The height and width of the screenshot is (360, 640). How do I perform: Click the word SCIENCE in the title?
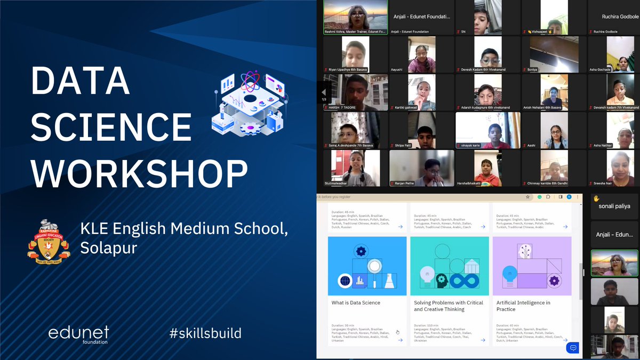pyautogui.click(x=111, y=127)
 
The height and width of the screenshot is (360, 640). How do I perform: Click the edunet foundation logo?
pyautogui.click(x=78, y=334)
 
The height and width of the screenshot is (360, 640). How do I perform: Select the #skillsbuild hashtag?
pyautogui.click(x=205, y=334)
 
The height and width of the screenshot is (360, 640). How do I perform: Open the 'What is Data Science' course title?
pyautogui.click(x=356, y=303)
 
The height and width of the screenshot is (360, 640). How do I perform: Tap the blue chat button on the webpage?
pyautogui.click(x=573, y=348)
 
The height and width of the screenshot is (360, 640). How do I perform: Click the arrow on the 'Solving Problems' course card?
pyautogui.click(x=482, y=340)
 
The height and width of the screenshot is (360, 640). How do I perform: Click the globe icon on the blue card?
pyautogui.click(x=345, y=279)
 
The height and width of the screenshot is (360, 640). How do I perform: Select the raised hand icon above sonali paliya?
pyautogui.click(x=596, y=198)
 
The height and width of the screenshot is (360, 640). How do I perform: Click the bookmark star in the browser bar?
pyautogui.click(x=528, y=196)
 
